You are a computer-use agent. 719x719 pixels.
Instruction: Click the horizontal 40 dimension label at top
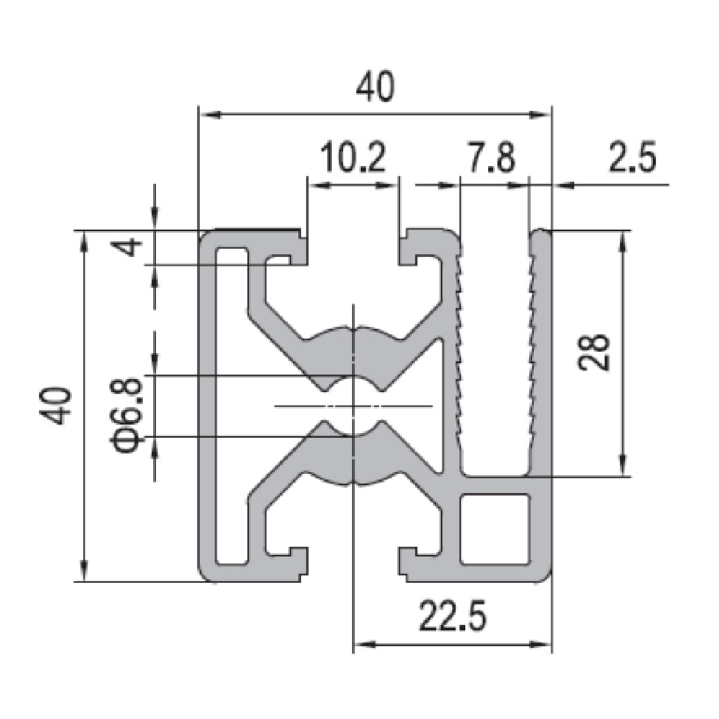[x=375, y=87]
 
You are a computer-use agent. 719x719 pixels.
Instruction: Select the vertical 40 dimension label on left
[x=56, y=406]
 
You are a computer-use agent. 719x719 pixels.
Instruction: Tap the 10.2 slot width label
[x=353, y=157]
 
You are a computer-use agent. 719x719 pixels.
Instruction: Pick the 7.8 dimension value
[x=490, y=157]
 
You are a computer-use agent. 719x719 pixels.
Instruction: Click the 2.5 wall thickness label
[x=632, y=157]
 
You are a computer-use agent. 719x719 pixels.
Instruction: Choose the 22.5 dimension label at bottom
[x=452, y=617]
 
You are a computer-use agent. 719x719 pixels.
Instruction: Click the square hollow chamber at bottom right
[x=495, y=529]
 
